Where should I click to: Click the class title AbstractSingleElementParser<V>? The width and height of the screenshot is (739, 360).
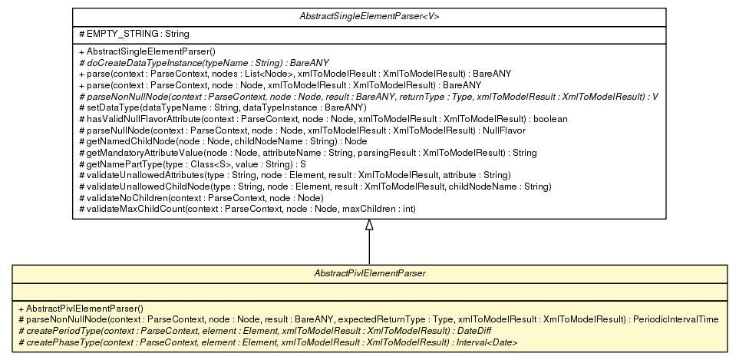point(370,15)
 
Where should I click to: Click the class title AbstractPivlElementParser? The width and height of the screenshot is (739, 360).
point(370,272)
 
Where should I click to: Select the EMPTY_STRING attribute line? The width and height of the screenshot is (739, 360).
point(123,34)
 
